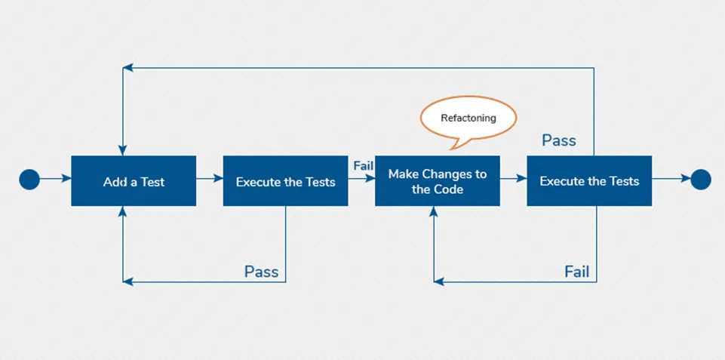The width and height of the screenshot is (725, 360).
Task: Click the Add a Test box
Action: [x=134, y=181]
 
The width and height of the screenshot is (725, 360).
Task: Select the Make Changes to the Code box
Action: [x=438, y=181]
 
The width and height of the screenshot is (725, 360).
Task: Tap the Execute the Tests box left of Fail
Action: [x=285, y=181]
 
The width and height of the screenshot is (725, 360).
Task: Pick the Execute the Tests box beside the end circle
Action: [x=589, y=181]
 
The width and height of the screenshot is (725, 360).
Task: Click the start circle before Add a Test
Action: [x=29, y=180]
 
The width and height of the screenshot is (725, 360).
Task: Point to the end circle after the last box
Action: [x=701, y=180]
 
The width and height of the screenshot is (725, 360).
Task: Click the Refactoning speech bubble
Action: [x=468, y=118]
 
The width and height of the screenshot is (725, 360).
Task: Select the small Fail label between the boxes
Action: [x=364, y=165]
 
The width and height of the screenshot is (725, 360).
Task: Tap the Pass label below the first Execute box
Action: [x=261, y=272]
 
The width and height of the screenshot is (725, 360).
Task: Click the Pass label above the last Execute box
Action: [x=559, y=140]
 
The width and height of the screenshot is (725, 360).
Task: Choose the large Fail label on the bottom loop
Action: [x=577, y=272]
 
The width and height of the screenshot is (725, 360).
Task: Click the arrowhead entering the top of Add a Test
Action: [x=122, y=150]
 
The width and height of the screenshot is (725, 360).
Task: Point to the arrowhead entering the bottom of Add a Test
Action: [x=122, y=211]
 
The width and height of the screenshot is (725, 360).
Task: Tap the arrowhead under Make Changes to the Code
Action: [x=434, y=211]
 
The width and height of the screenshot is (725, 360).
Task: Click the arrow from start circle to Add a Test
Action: [x=56, y=178]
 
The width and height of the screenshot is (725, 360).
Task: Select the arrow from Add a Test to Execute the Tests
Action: [x=210, y=178]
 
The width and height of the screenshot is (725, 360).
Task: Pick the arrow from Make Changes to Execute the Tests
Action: [x=513, y=178]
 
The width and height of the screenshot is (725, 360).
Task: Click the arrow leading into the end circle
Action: [x=671, y=178]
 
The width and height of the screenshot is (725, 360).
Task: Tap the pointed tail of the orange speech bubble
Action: [x=452, y=149]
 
